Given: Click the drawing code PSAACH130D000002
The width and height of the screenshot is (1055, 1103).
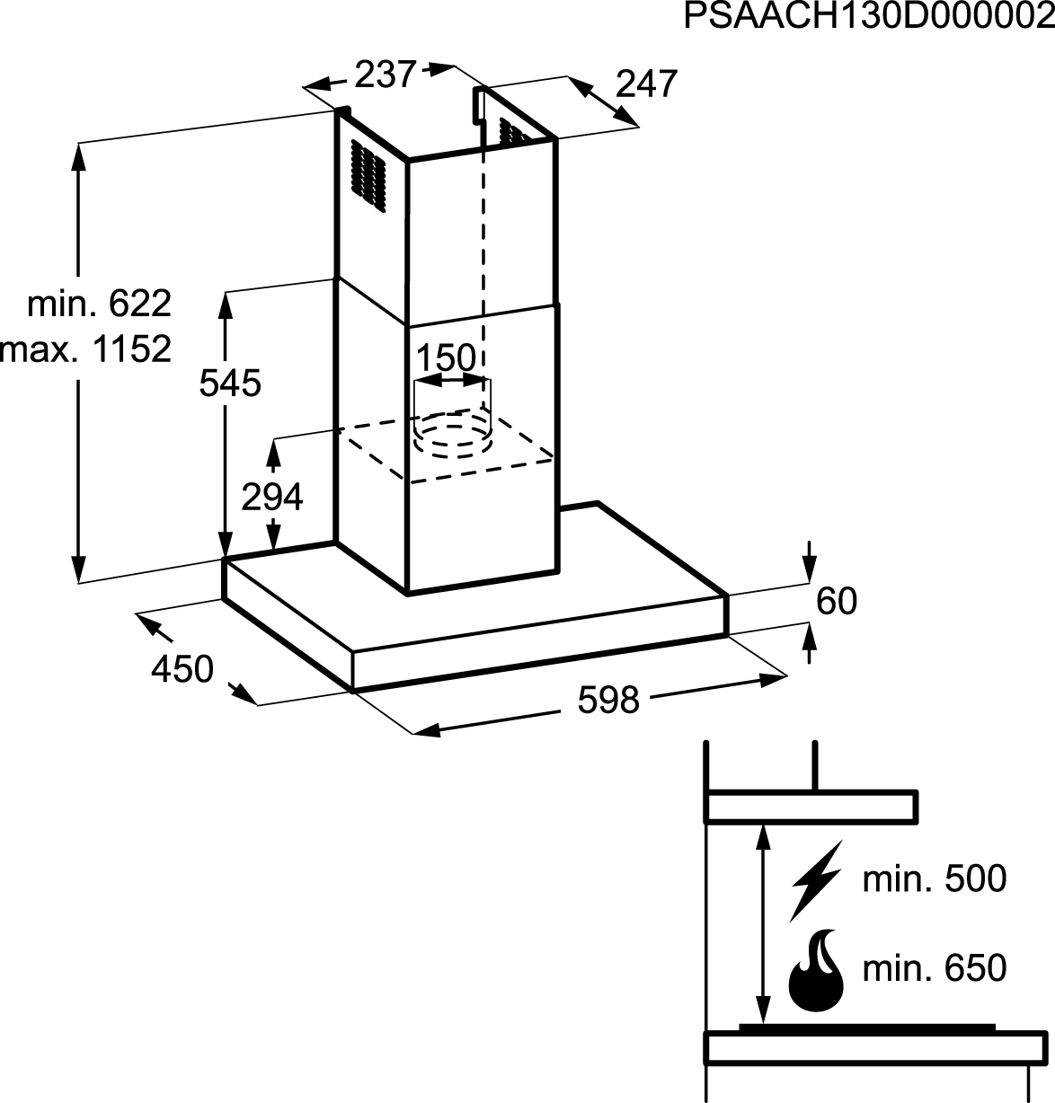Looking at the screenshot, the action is (x=869, y=16).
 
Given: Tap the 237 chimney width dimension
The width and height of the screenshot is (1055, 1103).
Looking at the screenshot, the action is (x=386, y=75).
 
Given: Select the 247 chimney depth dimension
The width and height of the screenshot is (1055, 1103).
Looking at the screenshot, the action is (x=646, y=84).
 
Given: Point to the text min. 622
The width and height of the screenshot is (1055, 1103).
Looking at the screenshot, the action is (x=99, y=304).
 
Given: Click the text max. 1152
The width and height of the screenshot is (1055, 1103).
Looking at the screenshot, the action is (x=85, y=349).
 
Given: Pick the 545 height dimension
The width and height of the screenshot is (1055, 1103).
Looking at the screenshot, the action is (x=230, y=383).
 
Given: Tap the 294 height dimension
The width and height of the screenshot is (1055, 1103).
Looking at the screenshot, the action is (x=272, y=498).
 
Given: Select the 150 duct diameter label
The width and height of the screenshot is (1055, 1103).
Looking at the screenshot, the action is (x=446, y=357).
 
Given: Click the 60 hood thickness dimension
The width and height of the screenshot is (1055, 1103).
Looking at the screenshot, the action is (x=837, y=601).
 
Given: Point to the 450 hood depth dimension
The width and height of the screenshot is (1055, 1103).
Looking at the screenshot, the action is (x=182, y=669).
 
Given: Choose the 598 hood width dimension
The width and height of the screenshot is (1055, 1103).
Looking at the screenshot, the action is (x=608, y=700).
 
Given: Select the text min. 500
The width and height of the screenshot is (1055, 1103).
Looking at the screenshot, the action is (x=935, y=878).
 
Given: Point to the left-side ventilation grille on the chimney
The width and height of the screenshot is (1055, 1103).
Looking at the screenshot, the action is (x=368, y=176).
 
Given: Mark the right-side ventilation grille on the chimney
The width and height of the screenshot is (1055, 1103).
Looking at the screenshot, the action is (x=514, y=132).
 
